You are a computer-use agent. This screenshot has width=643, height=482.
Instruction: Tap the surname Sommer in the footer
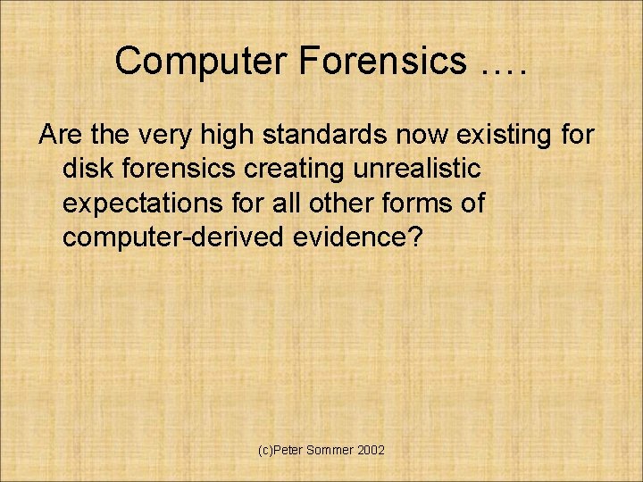(330, 451)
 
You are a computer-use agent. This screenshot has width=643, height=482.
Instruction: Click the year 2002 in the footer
(371, 451)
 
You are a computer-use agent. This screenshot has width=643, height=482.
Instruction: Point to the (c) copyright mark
(265, 451)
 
